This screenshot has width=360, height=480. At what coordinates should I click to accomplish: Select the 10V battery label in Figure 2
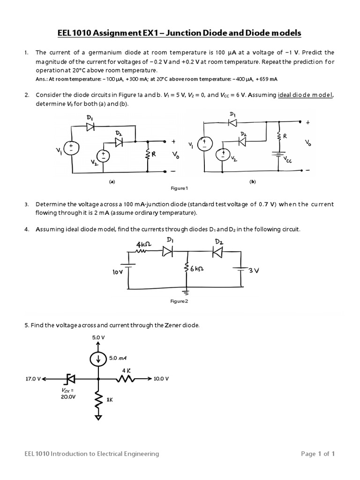point(118,271)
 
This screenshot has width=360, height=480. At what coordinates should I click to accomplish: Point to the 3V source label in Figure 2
point(254,270)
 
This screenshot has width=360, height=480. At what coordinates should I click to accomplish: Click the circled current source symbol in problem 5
point(98,359)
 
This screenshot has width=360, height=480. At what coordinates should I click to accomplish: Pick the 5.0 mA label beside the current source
point(118,358)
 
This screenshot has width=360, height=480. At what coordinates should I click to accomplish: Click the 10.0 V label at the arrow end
point(160,378)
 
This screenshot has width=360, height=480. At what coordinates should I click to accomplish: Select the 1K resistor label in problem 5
point(110,400)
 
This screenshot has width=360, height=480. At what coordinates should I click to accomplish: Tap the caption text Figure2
point(179,301)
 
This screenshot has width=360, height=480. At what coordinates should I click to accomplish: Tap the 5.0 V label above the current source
point(98,338)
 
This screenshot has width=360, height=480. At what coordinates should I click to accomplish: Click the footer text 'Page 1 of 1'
point(317,454)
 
